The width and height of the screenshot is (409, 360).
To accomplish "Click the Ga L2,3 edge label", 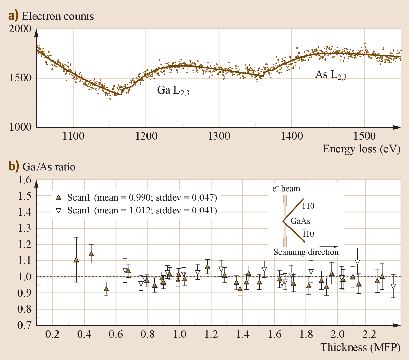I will pyautogui.click(x=173, y=91).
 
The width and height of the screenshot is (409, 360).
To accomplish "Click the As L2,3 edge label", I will pyautogui.click(x=330, y=74).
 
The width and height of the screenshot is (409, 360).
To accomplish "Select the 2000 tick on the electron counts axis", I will pyautogui.click(x=20, y=29).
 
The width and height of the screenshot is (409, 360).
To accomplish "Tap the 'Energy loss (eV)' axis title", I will pyautogui.click(x=361, y=149).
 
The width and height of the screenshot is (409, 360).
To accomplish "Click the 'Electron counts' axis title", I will pyautogui.click(x=57, y=16).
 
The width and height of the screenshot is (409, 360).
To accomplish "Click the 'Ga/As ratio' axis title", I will pyautogui.click(x=49, y=167).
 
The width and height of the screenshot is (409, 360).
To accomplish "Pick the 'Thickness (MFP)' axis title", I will pyautogui.click(x=360, y=347).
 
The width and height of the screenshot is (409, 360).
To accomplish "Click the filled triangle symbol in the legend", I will pyautogui.click(x=59, y=197).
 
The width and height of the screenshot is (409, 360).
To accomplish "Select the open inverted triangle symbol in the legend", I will pyautogui.click(x=59, y=210).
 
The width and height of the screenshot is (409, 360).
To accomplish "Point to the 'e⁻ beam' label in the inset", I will pyautogui.click(x=286, y=189).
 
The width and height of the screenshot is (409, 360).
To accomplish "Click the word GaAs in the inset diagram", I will pyautogui.click(x=300, y=221).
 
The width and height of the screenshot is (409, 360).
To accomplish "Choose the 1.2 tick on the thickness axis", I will pyautogui.click(x=211, y=335).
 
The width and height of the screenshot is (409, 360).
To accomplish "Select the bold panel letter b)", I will pyautogui.click(x=14, y=167).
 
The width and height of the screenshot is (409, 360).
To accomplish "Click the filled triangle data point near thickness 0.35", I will pyautogui.click(x=76, y=260).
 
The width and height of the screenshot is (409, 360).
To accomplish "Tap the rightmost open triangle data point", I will pyautogui.click(x=393, y=287).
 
